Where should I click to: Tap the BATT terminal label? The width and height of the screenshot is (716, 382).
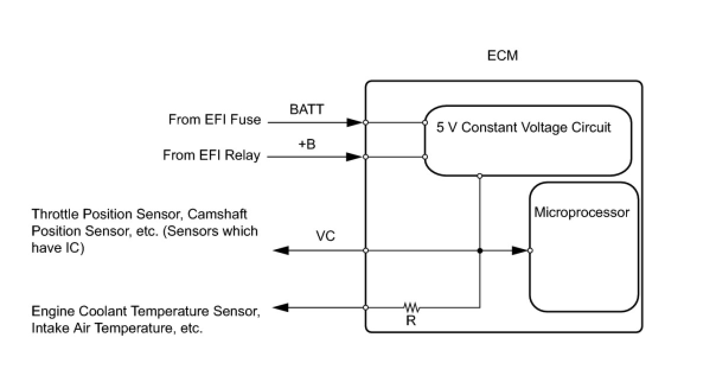point(307,109)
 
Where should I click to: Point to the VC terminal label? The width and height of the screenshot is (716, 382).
point(325,236)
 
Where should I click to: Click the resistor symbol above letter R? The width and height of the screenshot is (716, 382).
point(412,307)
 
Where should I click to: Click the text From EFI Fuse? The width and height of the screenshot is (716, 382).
point(215,120)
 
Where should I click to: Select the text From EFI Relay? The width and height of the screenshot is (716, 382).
point(212,155)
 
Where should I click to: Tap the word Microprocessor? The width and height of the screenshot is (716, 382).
point(581,212)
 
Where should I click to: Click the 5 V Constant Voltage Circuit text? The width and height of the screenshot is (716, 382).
point(523,128)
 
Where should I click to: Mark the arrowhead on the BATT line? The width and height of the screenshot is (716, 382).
point(354,123)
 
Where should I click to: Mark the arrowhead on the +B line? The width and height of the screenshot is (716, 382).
point(354,157)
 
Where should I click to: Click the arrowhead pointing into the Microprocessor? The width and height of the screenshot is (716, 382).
point(520,251)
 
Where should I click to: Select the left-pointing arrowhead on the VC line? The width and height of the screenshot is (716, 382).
point(280,251)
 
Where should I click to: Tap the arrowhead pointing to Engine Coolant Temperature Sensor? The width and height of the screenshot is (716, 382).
point(280,308)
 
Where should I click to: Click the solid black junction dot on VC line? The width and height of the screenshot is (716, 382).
point(480,251)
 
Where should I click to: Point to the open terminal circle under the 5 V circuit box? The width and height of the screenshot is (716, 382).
point(480,176)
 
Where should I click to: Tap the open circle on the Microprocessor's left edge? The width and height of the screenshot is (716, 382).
point(530,251)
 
